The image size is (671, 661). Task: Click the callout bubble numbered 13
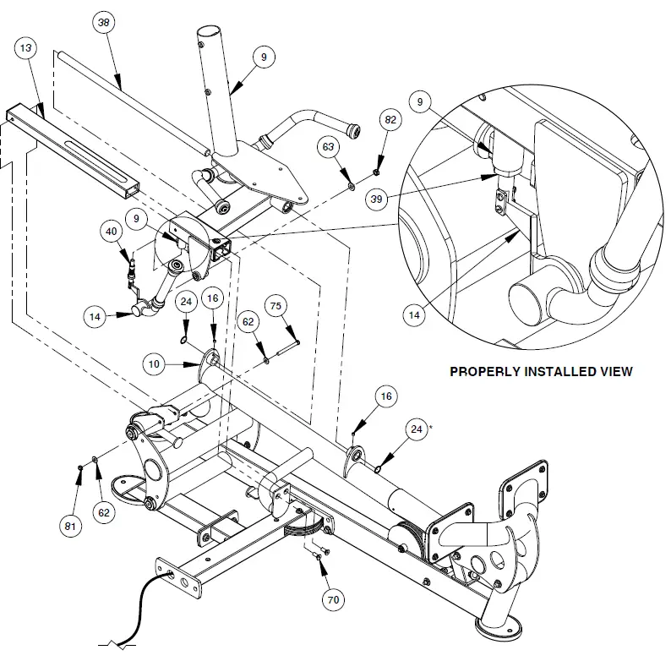28,48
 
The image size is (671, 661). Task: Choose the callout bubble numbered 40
111,232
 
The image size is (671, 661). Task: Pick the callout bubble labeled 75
275,305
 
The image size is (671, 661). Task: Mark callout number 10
154,364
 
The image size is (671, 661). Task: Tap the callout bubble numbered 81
70,527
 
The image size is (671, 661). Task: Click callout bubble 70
332,600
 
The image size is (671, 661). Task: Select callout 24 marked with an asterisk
416,430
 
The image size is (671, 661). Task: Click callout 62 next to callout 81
103,512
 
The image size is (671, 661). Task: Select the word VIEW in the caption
615,371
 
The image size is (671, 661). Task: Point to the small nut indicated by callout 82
376,172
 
